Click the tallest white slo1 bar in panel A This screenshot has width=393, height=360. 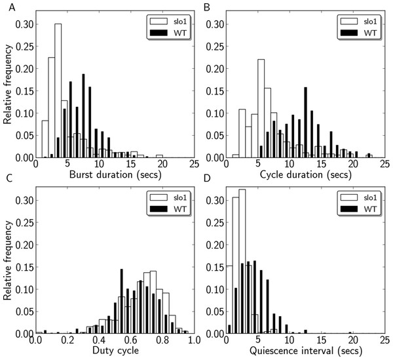click(58, 92)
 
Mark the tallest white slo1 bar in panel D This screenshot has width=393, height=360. click(242, 262)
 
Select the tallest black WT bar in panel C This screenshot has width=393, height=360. click(122, 301)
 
